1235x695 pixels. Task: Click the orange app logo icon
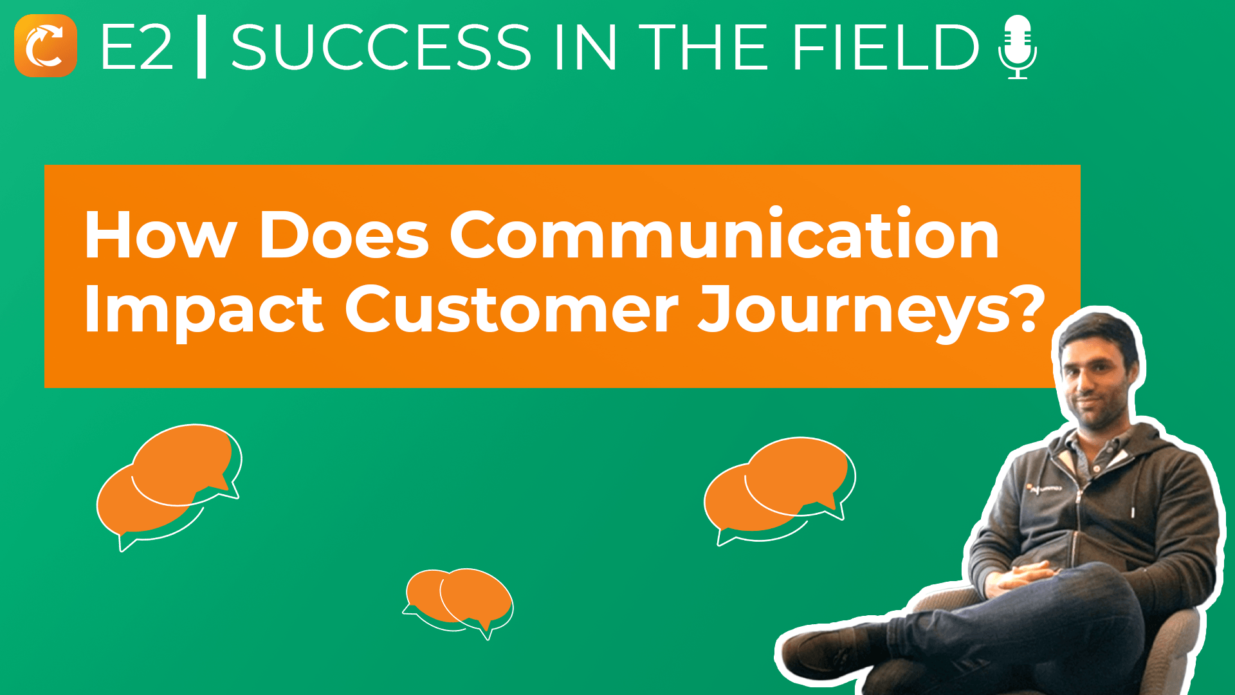pos(46,46)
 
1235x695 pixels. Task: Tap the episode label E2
pos(137,47)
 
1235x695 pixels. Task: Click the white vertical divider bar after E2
pos(201,47)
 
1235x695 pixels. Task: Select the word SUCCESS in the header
pos(381,47)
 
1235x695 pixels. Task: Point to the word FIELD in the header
pos(886,47)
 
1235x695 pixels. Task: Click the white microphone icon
pos(1018,47)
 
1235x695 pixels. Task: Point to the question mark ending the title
pos(1027,308)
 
